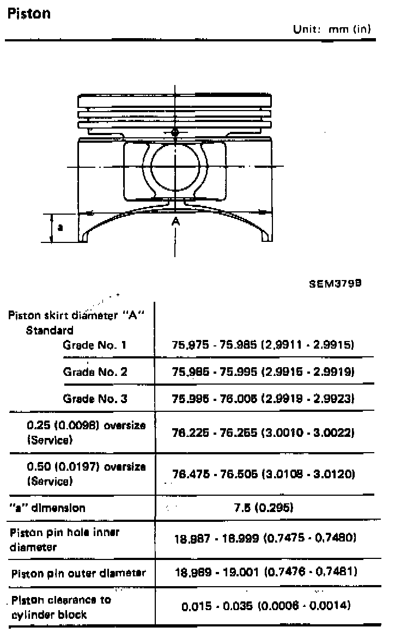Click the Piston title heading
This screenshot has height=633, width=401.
[x=29, y=13]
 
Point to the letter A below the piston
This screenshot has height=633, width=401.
[x=175, y=221]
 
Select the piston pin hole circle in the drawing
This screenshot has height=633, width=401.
[x=175, y=166]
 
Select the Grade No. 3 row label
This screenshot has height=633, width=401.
[x=95, y=399]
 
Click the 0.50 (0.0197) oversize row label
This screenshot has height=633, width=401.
[x=86, y=474]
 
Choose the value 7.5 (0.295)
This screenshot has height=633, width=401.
[x=264, y=508]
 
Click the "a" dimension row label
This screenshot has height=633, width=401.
[x=47, y=508]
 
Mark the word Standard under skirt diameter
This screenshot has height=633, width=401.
[x=50, y=330]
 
